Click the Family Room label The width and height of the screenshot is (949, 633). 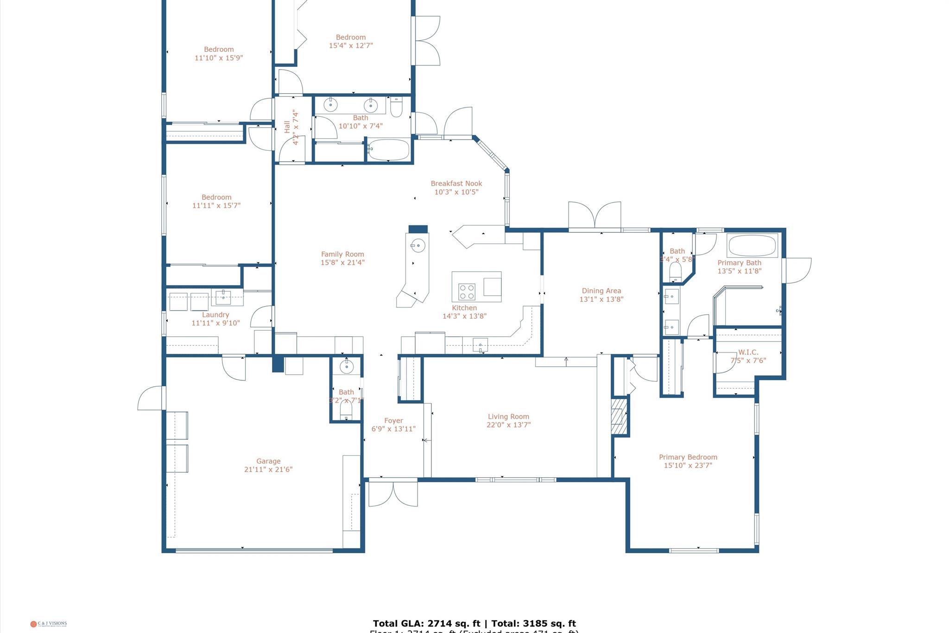[342, 254]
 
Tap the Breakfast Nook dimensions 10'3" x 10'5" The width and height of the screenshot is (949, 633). [456, 192]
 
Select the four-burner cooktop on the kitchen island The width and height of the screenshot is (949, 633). [467, 292]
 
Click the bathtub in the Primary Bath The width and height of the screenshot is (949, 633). [752, 246]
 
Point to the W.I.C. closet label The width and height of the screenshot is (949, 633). [748, 352]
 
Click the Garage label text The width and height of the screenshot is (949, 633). [268, 461]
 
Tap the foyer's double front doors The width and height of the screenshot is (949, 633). [393, 493]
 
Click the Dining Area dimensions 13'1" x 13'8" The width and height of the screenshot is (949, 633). [601, 300]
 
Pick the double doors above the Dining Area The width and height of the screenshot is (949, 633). [595, 216]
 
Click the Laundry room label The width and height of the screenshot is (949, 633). [215, 315]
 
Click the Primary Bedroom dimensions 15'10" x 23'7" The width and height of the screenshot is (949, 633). [688, 466]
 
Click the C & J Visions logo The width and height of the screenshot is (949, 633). [49, 624]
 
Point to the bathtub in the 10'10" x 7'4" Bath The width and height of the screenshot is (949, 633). [389, 150]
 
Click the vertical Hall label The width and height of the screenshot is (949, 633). [287, 127]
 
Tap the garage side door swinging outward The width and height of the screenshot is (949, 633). [152, 399]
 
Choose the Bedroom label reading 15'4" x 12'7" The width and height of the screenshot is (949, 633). [351, 37]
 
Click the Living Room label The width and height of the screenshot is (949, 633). [508, 416]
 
